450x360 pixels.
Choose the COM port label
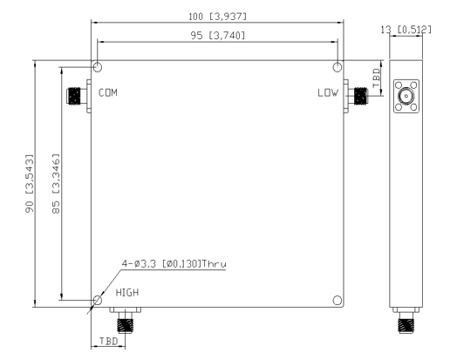109,92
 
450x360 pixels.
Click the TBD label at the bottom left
108,343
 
